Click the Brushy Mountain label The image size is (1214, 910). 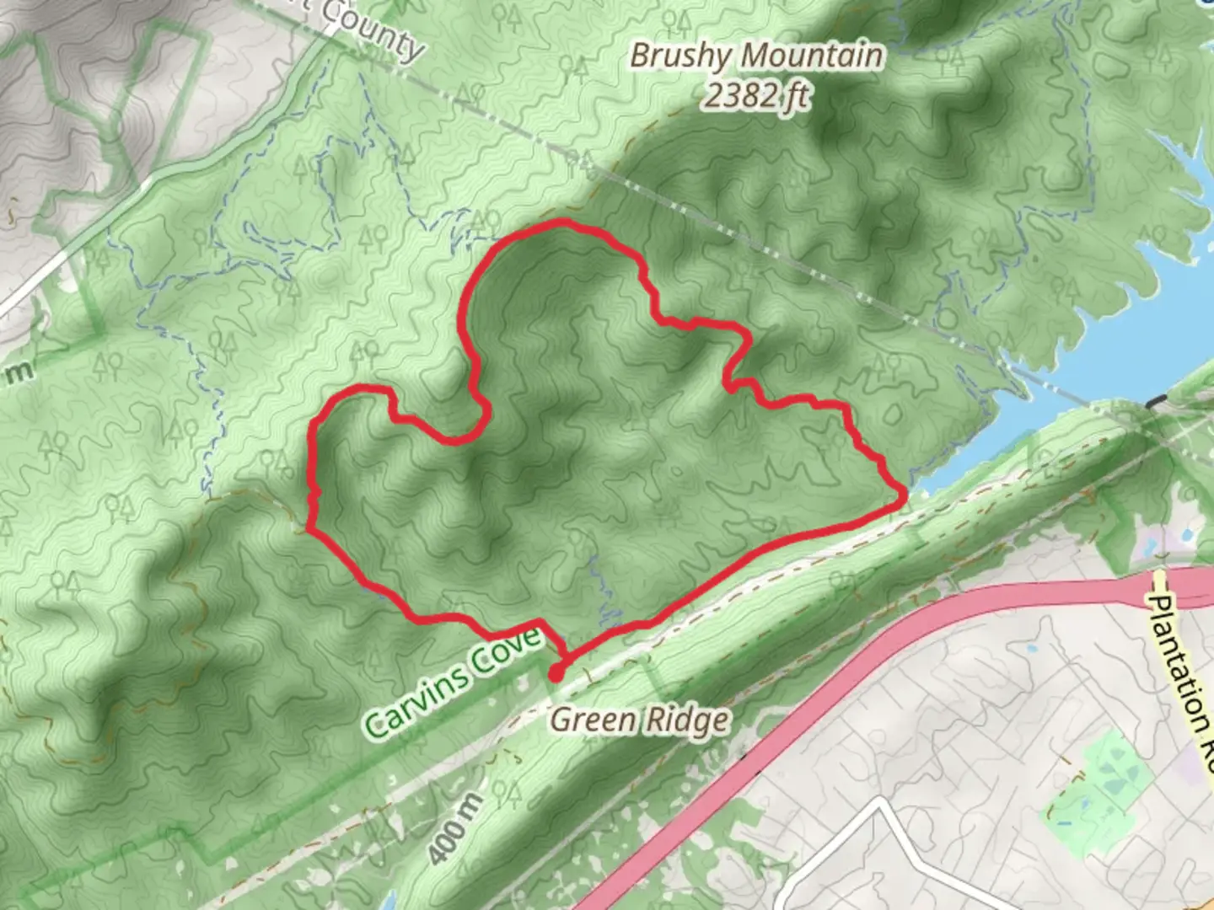[756, 56]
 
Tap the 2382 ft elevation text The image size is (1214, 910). [756, 96]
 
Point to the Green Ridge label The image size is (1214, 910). [639, 720]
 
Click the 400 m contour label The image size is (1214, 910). [454, 828]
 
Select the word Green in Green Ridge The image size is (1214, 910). [594, 720]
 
